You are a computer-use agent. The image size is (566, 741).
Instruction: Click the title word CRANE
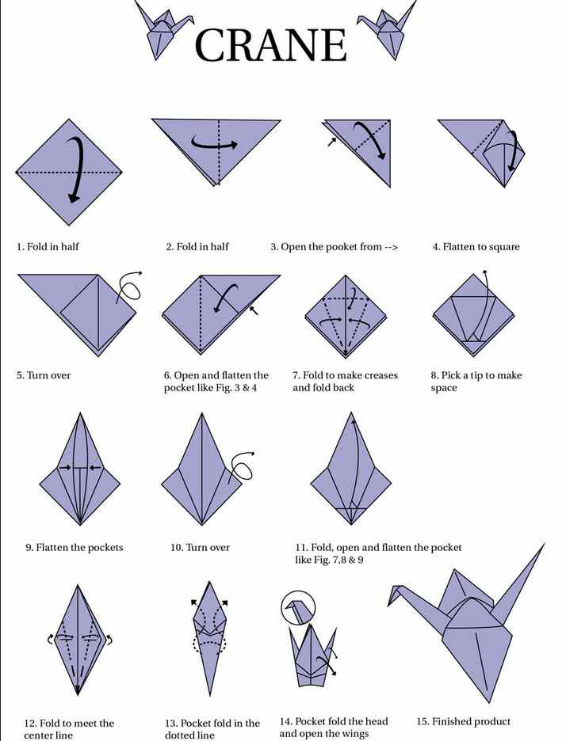click(270, 45)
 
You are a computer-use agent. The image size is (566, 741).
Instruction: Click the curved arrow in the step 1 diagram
click(78, 170)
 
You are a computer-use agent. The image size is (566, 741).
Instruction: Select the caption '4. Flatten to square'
click(476, 247)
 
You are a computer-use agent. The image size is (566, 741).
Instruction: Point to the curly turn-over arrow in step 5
click(129, 287)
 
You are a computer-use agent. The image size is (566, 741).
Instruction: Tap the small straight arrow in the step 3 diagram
click(332, 141)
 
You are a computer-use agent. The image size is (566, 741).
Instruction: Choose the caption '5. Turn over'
click(44, 375)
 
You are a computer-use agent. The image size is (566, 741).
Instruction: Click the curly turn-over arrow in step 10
click(241, 468)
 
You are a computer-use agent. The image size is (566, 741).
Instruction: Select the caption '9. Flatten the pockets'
click(75, 547)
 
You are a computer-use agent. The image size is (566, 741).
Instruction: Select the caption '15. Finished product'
click(463, 722)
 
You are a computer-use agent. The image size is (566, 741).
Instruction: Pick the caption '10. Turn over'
click(201, 547)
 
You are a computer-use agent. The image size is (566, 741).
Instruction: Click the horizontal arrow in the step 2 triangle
click(214, 143)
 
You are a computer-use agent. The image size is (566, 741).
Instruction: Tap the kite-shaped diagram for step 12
click(78, 640)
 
